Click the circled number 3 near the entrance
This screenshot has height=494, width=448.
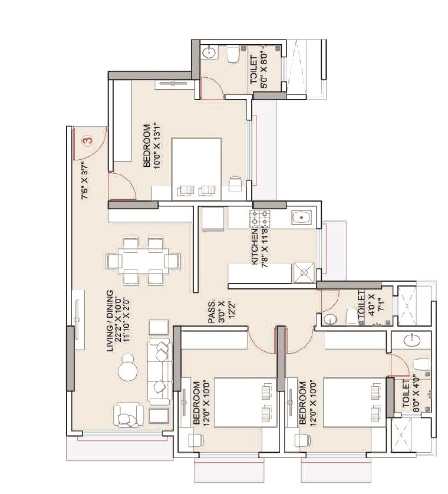click(x=87, y=141)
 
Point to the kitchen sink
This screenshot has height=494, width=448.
click(x=301, y=219)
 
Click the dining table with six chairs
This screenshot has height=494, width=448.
click(x=143, y=261)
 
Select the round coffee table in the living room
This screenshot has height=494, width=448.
click(x=127, y=371)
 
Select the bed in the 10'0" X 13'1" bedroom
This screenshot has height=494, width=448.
click(x=196, y=169)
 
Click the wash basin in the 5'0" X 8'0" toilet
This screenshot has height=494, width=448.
click(x=208, y=54)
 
